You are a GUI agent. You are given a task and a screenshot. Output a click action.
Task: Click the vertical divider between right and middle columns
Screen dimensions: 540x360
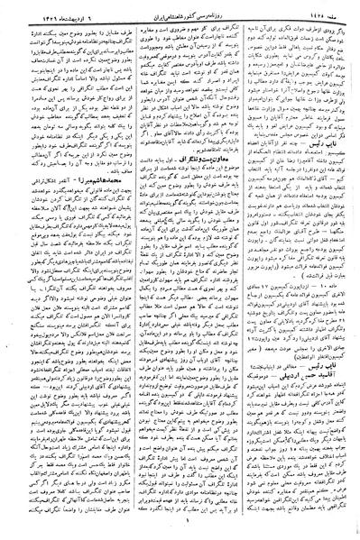(241, 270)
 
